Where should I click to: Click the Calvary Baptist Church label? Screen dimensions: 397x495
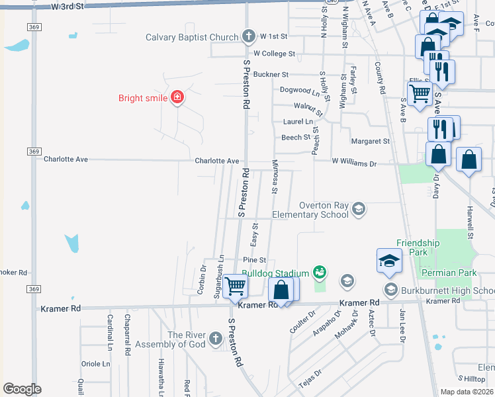pos(191,37)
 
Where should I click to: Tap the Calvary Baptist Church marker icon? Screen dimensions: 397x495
pos(249,36)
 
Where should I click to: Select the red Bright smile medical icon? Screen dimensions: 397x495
pos(177,99)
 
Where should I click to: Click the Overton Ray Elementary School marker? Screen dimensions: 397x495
pos(359,210)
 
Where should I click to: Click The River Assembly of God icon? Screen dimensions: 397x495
pos(214,339)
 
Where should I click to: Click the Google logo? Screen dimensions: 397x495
pos(22,389)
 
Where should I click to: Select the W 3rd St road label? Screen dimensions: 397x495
pos(67,6)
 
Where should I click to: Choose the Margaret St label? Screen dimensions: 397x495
pos(370,141)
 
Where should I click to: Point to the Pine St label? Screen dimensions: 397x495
pos(254,260)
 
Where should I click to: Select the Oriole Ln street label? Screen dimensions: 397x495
pos(96,364)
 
